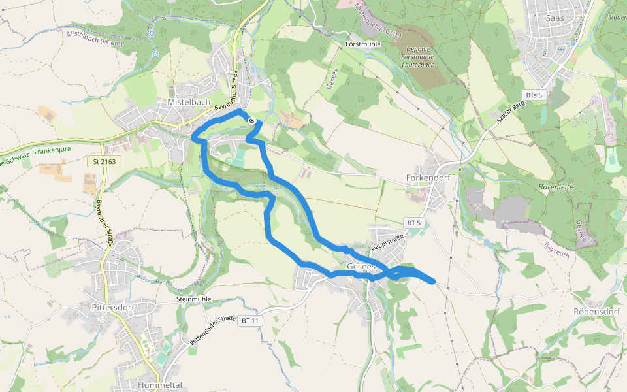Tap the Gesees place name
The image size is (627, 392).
click(x=361, y=267)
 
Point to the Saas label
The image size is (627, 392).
click(x=555, y=18)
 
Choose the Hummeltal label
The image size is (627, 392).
click(x=160, y=385)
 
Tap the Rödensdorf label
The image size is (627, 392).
click(x=596, y=311)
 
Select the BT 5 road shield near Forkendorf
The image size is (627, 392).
click(x=414, y=223)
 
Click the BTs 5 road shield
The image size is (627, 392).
click(x=536, y=95)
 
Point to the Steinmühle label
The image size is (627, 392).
click(x=193, y=299)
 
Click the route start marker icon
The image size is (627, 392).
click(x=251, y=120)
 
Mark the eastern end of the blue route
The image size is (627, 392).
click(x=433, y=281)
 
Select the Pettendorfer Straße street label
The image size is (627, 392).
click(x=213, y=331)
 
